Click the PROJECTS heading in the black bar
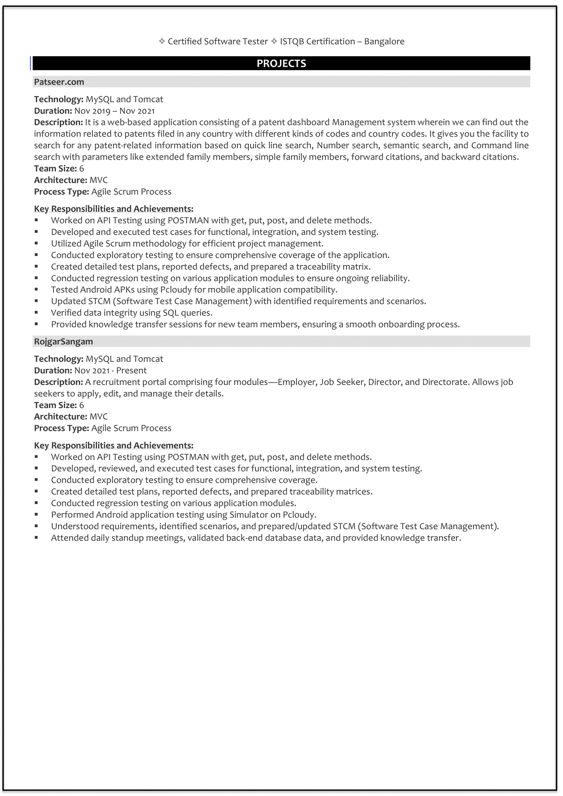281,63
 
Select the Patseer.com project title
59,82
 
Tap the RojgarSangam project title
63,342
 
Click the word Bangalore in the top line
384,42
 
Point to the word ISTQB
292,42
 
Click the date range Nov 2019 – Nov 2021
114,111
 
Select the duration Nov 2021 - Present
110,370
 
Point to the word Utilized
66,244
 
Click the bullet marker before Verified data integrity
36,313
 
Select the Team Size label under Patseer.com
55,168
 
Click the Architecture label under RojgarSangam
61,417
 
